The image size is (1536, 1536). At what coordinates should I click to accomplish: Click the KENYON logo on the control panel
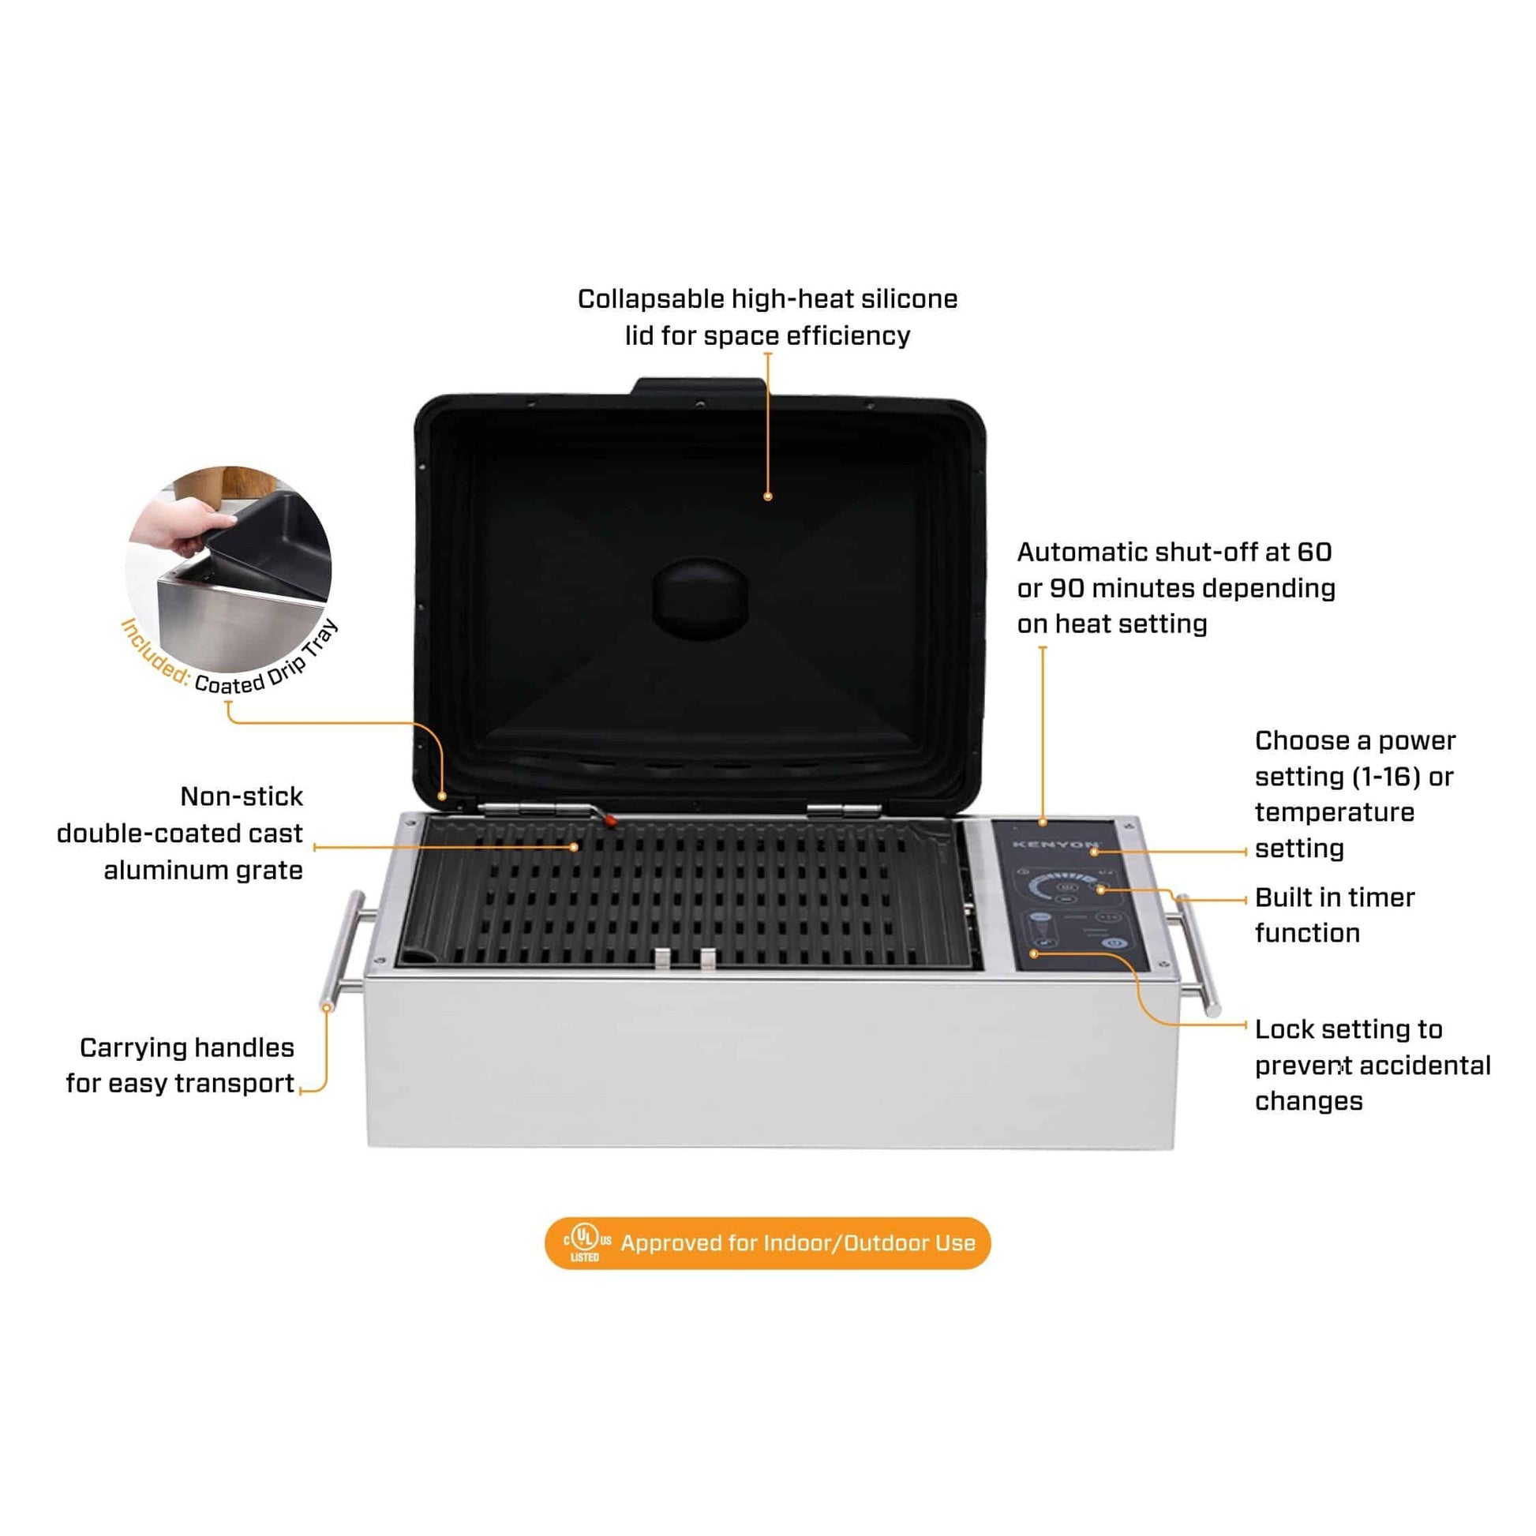point(1057,845)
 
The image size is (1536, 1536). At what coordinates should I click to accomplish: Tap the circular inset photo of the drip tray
point(229,569)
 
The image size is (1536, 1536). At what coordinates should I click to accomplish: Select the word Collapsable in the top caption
point(650,300)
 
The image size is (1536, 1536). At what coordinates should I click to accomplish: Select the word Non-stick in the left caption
point(242,796)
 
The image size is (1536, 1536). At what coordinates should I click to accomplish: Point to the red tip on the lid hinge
point(610,819)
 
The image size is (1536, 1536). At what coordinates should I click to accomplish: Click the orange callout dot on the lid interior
point(767,496)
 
